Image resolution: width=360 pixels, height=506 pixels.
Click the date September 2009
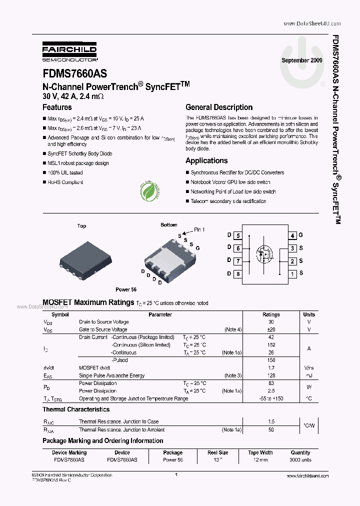[302, 60]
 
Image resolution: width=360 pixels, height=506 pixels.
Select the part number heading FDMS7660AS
[74, 73]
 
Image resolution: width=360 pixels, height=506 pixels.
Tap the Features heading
[57, 107]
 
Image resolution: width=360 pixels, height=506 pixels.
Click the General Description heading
[219, 107]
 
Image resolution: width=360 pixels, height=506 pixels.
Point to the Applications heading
[206, 160]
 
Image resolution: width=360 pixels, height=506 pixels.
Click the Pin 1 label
[199, 229]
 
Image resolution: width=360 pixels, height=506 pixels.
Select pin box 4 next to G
[292, 235]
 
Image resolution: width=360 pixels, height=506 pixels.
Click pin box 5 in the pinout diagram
[238, 235]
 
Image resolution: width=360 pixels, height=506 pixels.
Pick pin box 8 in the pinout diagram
[238, 273]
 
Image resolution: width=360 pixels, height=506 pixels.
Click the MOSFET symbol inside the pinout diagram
[264, 253]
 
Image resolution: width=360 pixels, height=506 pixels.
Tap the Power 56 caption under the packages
[126, 289]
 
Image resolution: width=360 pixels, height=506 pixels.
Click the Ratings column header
[271, 314]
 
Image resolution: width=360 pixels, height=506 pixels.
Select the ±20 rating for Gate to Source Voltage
[271, 329]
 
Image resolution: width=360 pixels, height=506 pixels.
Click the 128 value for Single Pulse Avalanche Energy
[271, 375]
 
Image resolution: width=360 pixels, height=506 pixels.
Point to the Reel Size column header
[218, 452]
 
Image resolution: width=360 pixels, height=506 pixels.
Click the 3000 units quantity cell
[300, 459]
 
